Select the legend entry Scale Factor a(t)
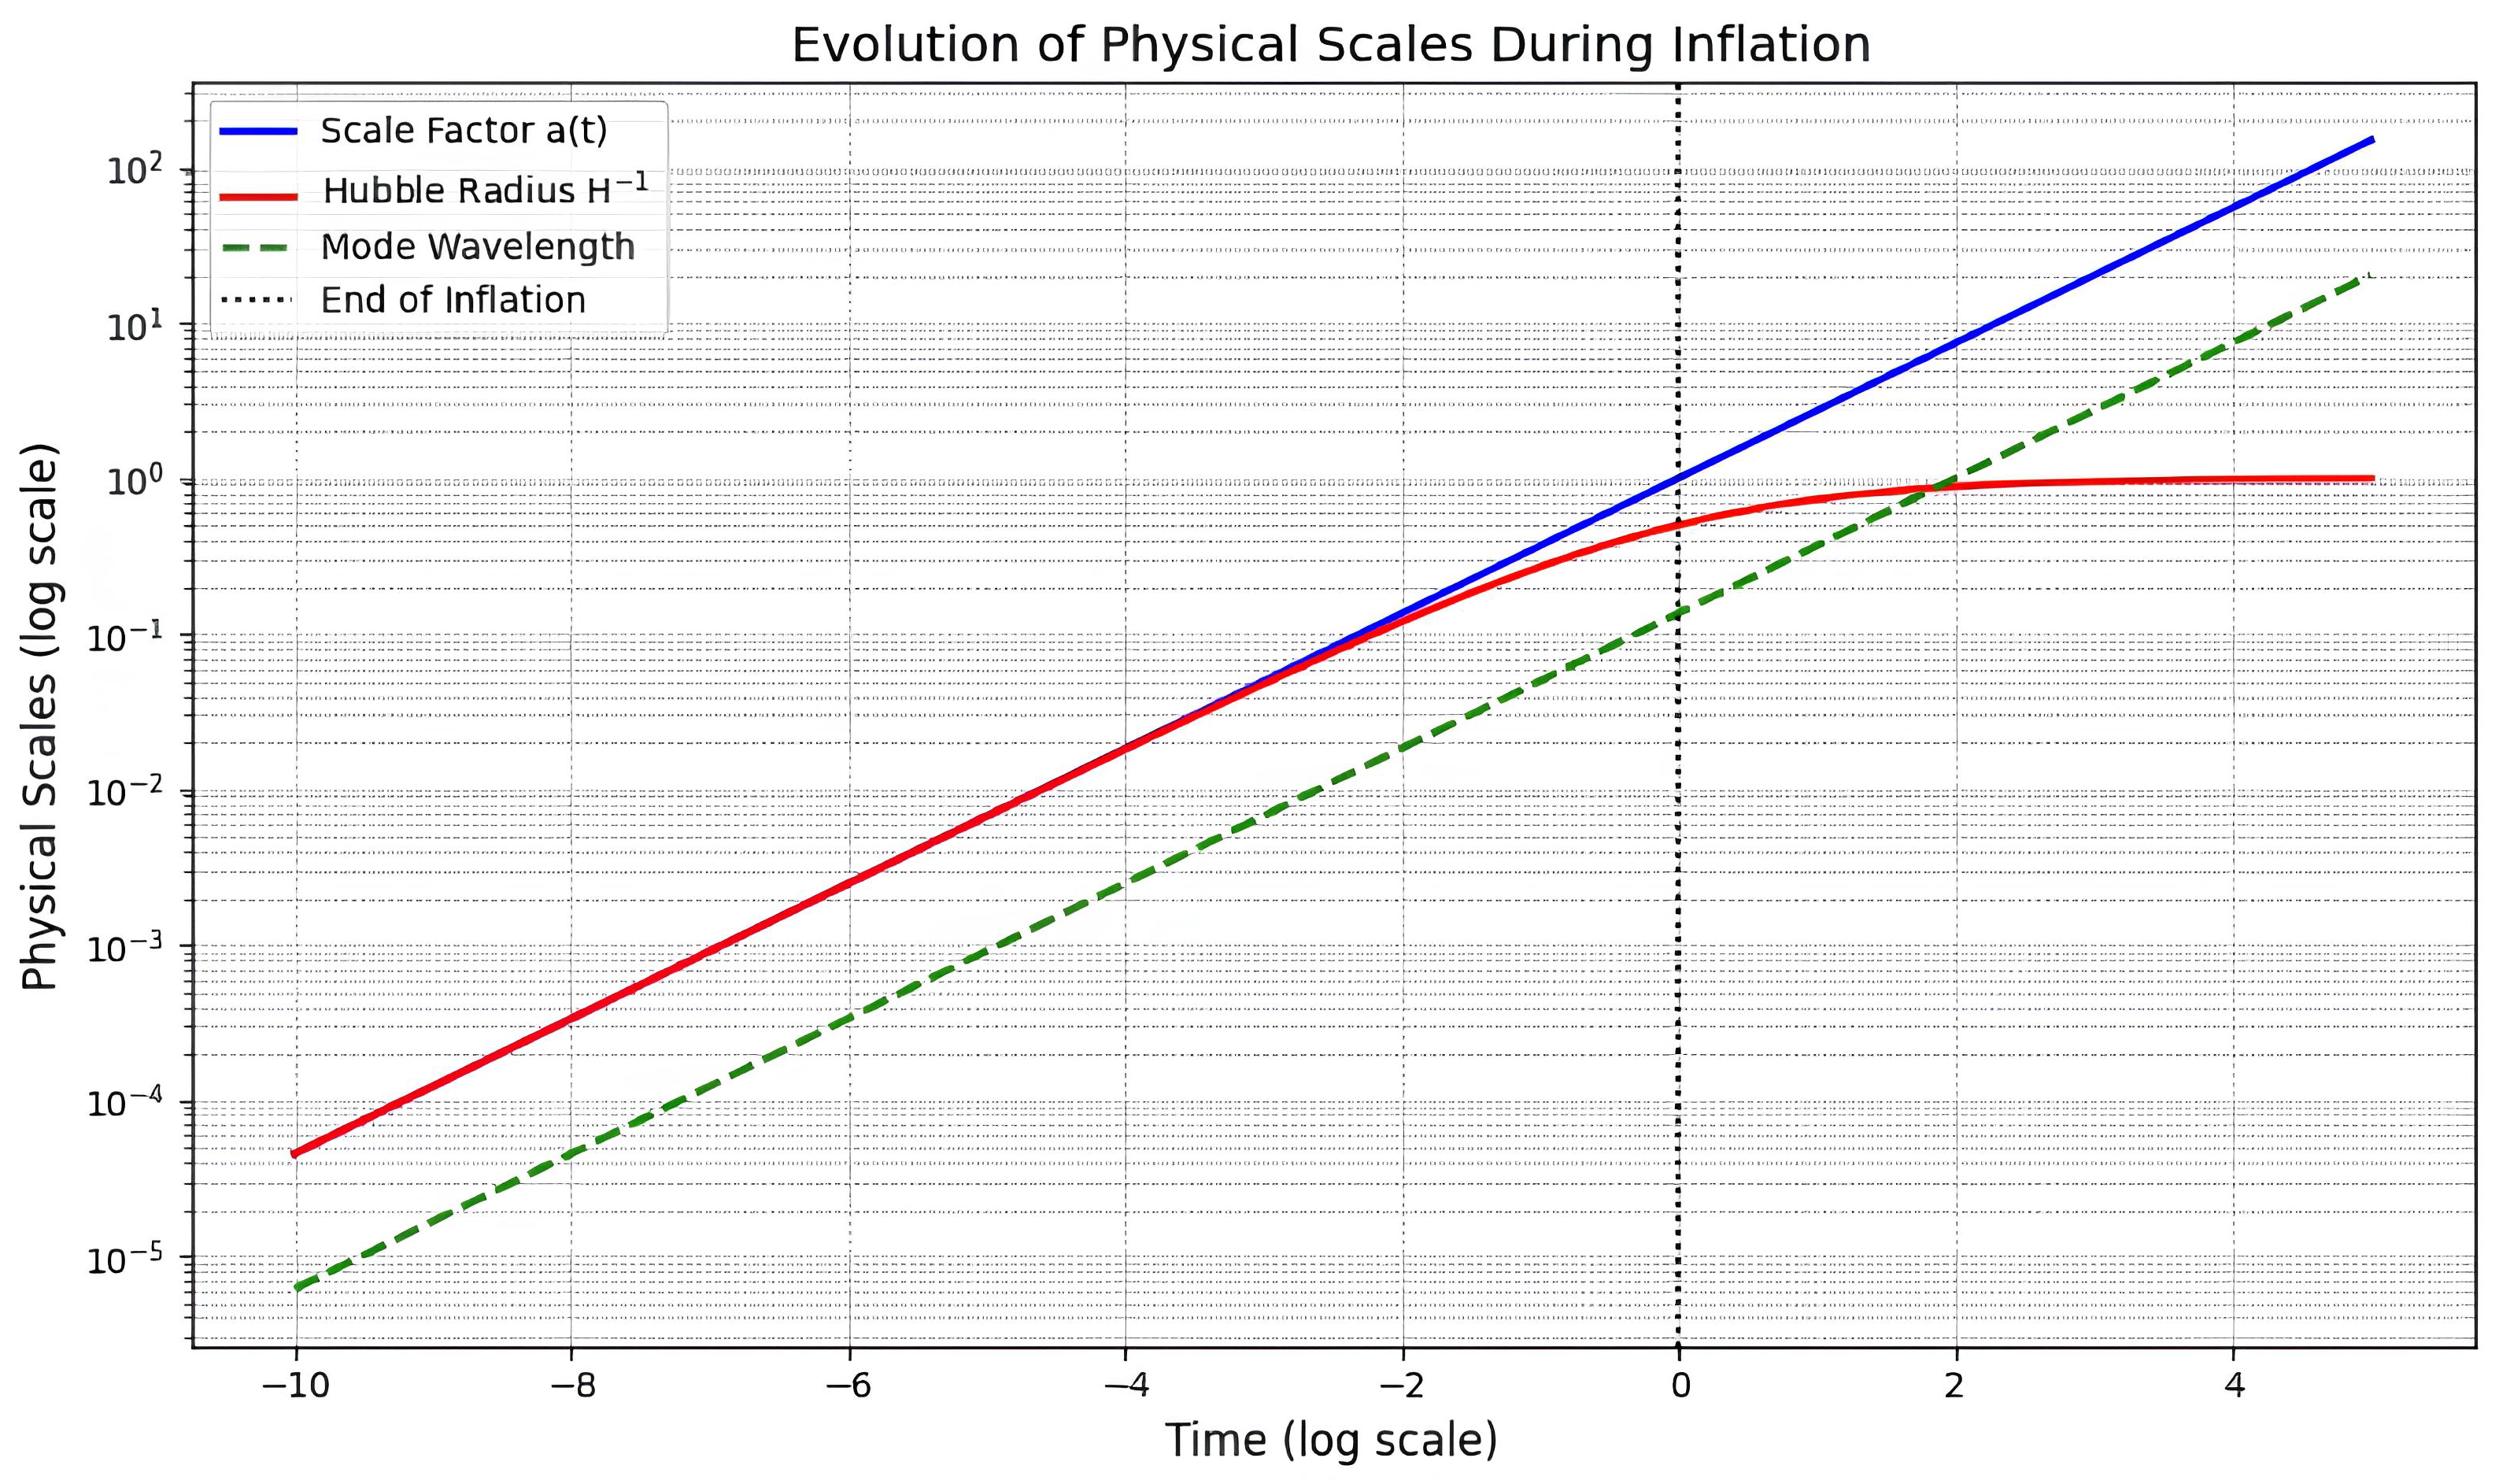pyautogui.click(x=464, y=131)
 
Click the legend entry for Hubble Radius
pyautogui.click(x=484, y=190)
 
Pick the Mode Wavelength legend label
pyautogui.click(x=476, y=246)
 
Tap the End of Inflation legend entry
pyautogui.click(x=453, y=300)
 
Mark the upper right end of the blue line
pyautogui.click(x=2372, y=139)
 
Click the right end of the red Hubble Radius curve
pyautogui.click(x=2373, y=479)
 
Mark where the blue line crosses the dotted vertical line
pyautogui.click(x=1679, y=479)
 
